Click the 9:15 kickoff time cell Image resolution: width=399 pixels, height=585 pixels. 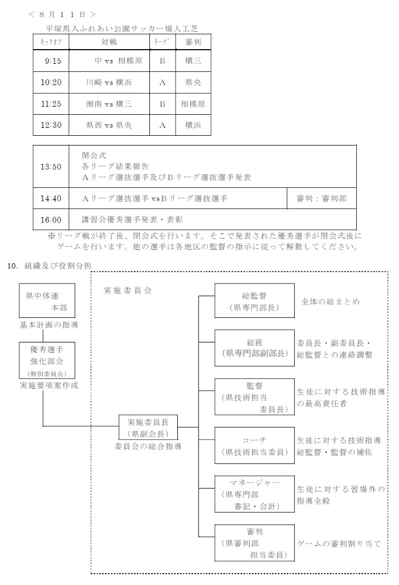(52, 60)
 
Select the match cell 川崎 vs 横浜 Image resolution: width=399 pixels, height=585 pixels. (109, 82)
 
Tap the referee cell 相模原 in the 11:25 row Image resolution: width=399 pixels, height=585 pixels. (193, 104)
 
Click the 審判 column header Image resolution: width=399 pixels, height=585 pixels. (193, 42)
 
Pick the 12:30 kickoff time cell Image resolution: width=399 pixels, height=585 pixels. (51, 125)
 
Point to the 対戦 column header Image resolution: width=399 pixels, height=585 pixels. (109, 42)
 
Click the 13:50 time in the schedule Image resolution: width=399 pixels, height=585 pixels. (51, 167)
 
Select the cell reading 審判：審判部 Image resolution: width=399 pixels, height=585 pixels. (321, 199)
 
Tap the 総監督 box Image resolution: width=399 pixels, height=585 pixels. (254, 301)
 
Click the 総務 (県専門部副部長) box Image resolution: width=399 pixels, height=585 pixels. (254, 348)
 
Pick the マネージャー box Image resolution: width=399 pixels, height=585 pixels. (254, 493)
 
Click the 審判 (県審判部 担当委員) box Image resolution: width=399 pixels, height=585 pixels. (254, 542)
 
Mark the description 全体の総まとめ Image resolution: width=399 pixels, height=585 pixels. (330, 301)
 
